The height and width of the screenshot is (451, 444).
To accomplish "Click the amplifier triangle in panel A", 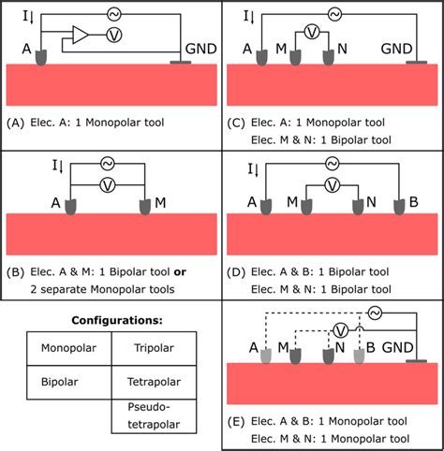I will coord(79,36).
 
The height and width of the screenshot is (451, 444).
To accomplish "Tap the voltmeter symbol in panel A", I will coord(111,36).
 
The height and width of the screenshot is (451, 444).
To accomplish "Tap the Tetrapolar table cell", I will coord(153,382).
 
